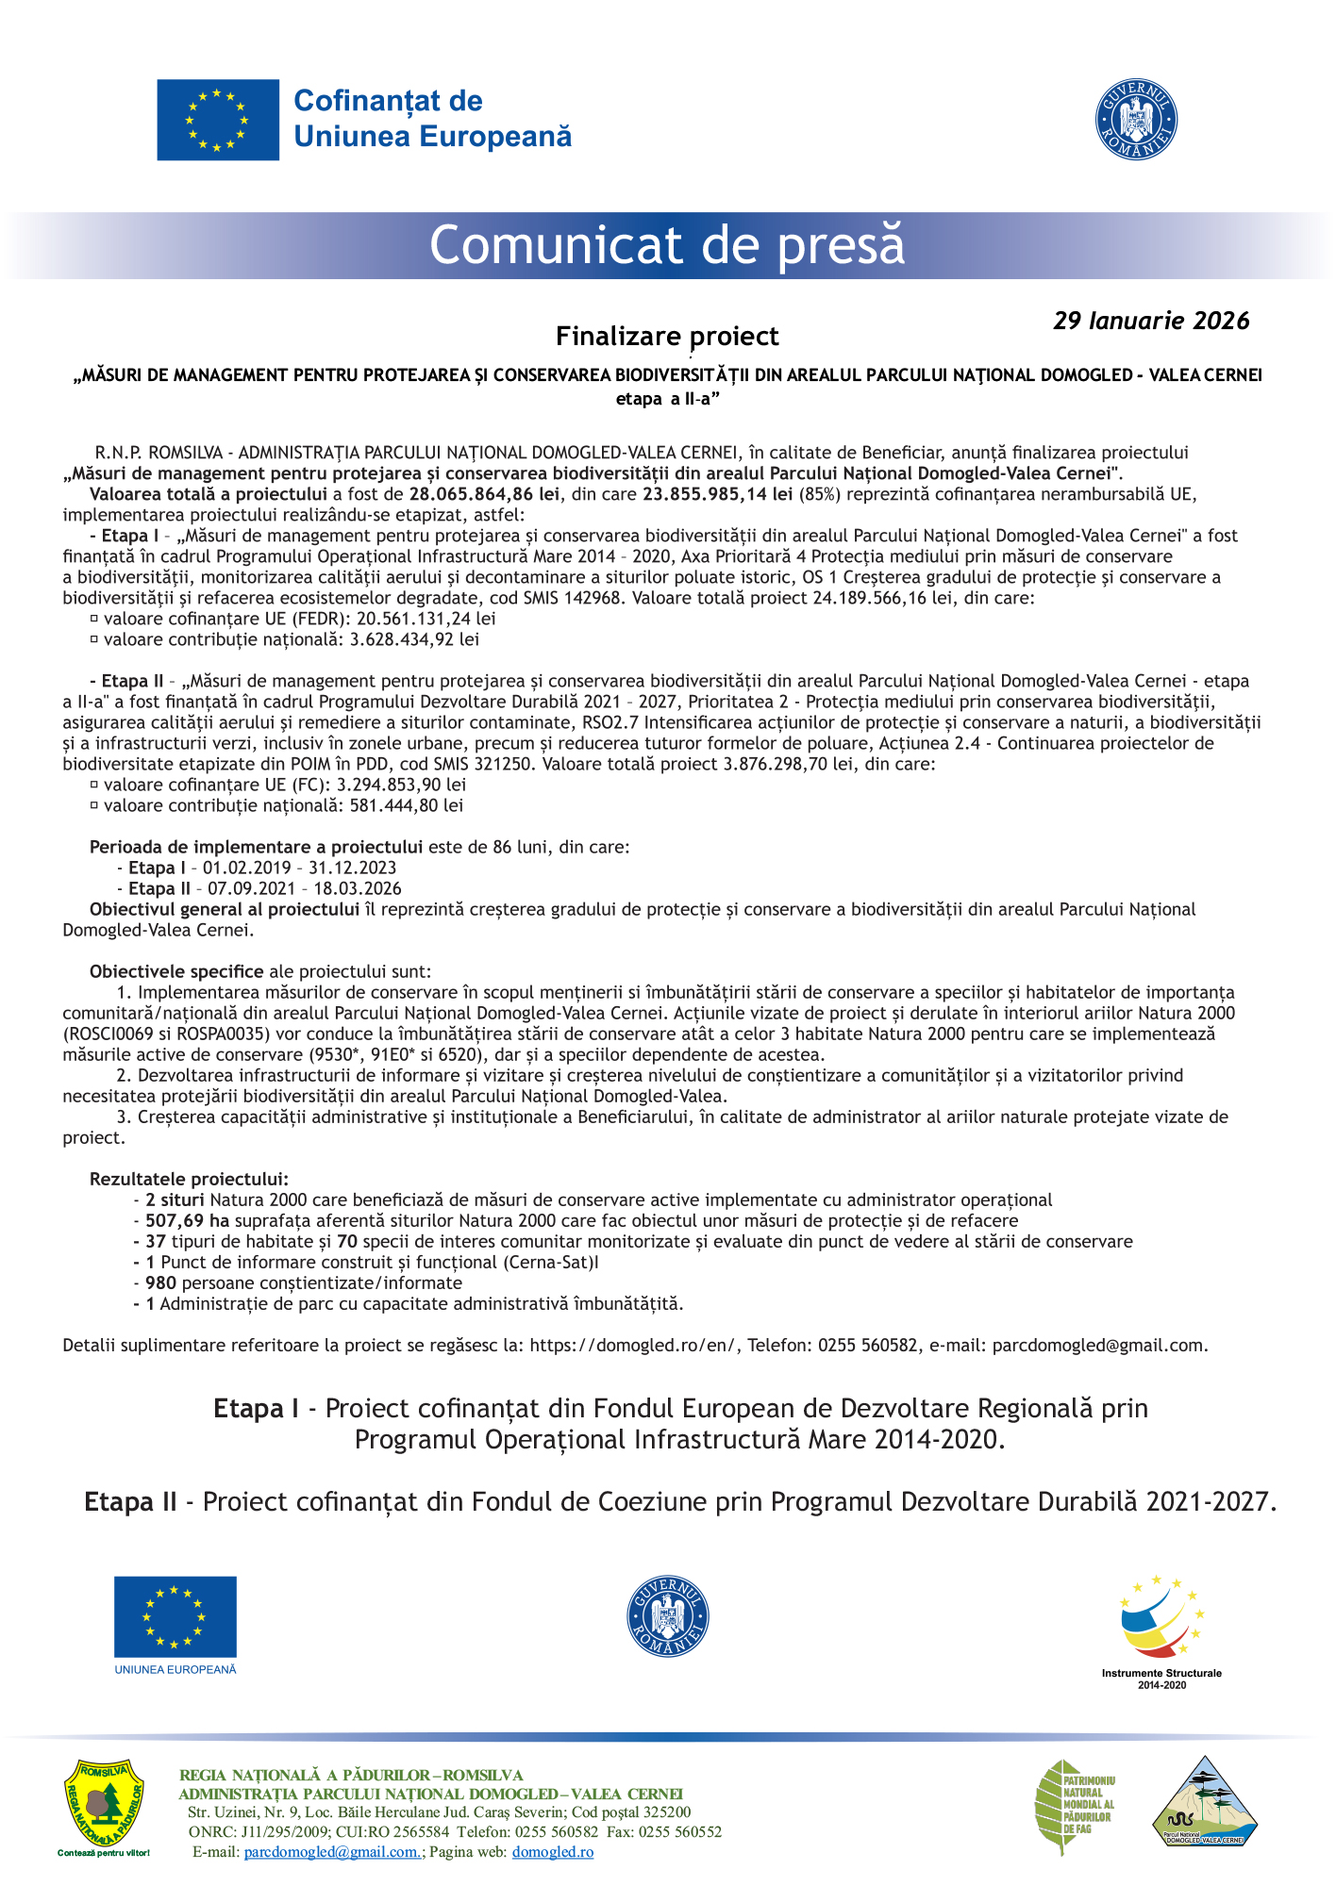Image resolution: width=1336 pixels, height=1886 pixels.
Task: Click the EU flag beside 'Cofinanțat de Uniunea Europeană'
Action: pos(218,120)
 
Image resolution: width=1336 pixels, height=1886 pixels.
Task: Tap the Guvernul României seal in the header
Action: pos(1136,120)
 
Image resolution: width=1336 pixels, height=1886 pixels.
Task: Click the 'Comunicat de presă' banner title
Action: pos(667,245)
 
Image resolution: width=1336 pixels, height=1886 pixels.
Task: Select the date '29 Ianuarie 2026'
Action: pos(1151,322)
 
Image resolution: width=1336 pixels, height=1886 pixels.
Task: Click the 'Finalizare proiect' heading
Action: pos(667,337)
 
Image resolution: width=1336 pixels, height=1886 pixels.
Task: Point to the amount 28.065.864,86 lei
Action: pos(484,494)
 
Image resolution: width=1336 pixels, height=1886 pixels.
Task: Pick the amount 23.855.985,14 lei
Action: pos(717,494)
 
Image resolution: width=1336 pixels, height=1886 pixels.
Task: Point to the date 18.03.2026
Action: pos(358,888)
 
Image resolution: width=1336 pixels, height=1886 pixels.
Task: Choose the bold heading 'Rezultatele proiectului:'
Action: pos(189,1179)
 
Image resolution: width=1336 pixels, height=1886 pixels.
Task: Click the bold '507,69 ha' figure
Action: pos(187,1220)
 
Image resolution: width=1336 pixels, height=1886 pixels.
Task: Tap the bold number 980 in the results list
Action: pos(160,1282)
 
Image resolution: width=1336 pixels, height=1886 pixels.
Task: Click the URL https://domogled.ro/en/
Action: pos(631,1345)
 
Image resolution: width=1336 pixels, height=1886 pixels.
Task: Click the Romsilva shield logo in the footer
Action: pos(103,1803)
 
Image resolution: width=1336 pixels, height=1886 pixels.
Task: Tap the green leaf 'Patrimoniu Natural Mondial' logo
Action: pos(1074,1803)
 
